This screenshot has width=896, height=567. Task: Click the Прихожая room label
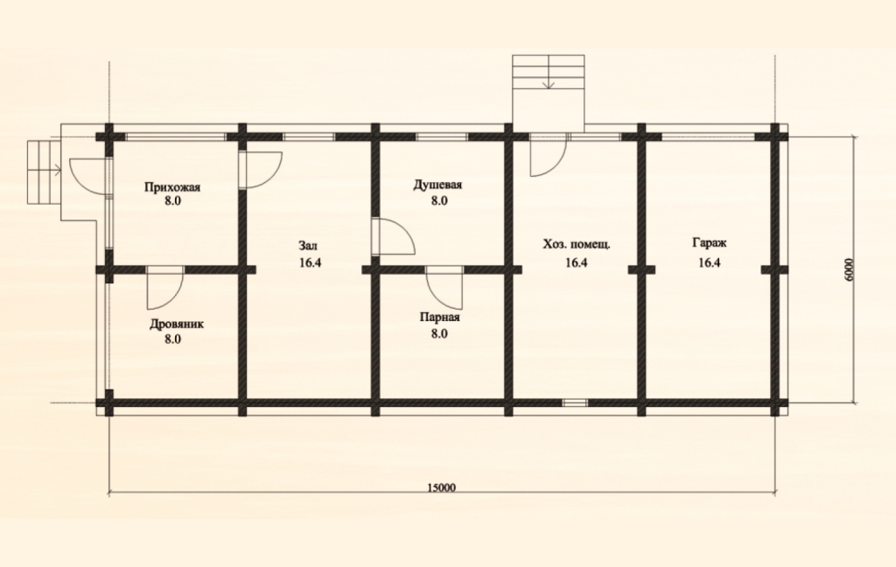tap(172, 187)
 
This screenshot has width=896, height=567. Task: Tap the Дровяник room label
tap(176, 324)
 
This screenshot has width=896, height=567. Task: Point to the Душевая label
tap(437, 185)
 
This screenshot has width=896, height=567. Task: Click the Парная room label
tap(439, 318)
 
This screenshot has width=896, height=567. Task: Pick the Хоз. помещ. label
tap(576, 245)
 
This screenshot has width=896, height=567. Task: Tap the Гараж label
tap(709, 243)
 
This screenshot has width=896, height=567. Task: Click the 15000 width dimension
tap(441, 487)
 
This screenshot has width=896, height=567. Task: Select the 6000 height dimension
tap(849, 269)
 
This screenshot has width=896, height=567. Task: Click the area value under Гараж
tap(709, 262)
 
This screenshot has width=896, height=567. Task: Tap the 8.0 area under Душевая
tap(439, 200)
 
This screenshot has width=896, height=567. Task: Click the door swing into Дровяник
tap(164, 288)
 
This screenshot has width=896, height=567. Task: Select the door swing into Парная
tap(444, 288)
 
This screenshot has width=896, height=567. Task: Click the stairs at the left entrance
tap(44, 171)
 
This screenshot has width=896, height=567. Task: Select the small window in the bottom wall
tap(575, 402)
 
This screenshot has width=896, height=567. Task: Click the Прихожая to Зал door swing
tap(261, 169)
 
